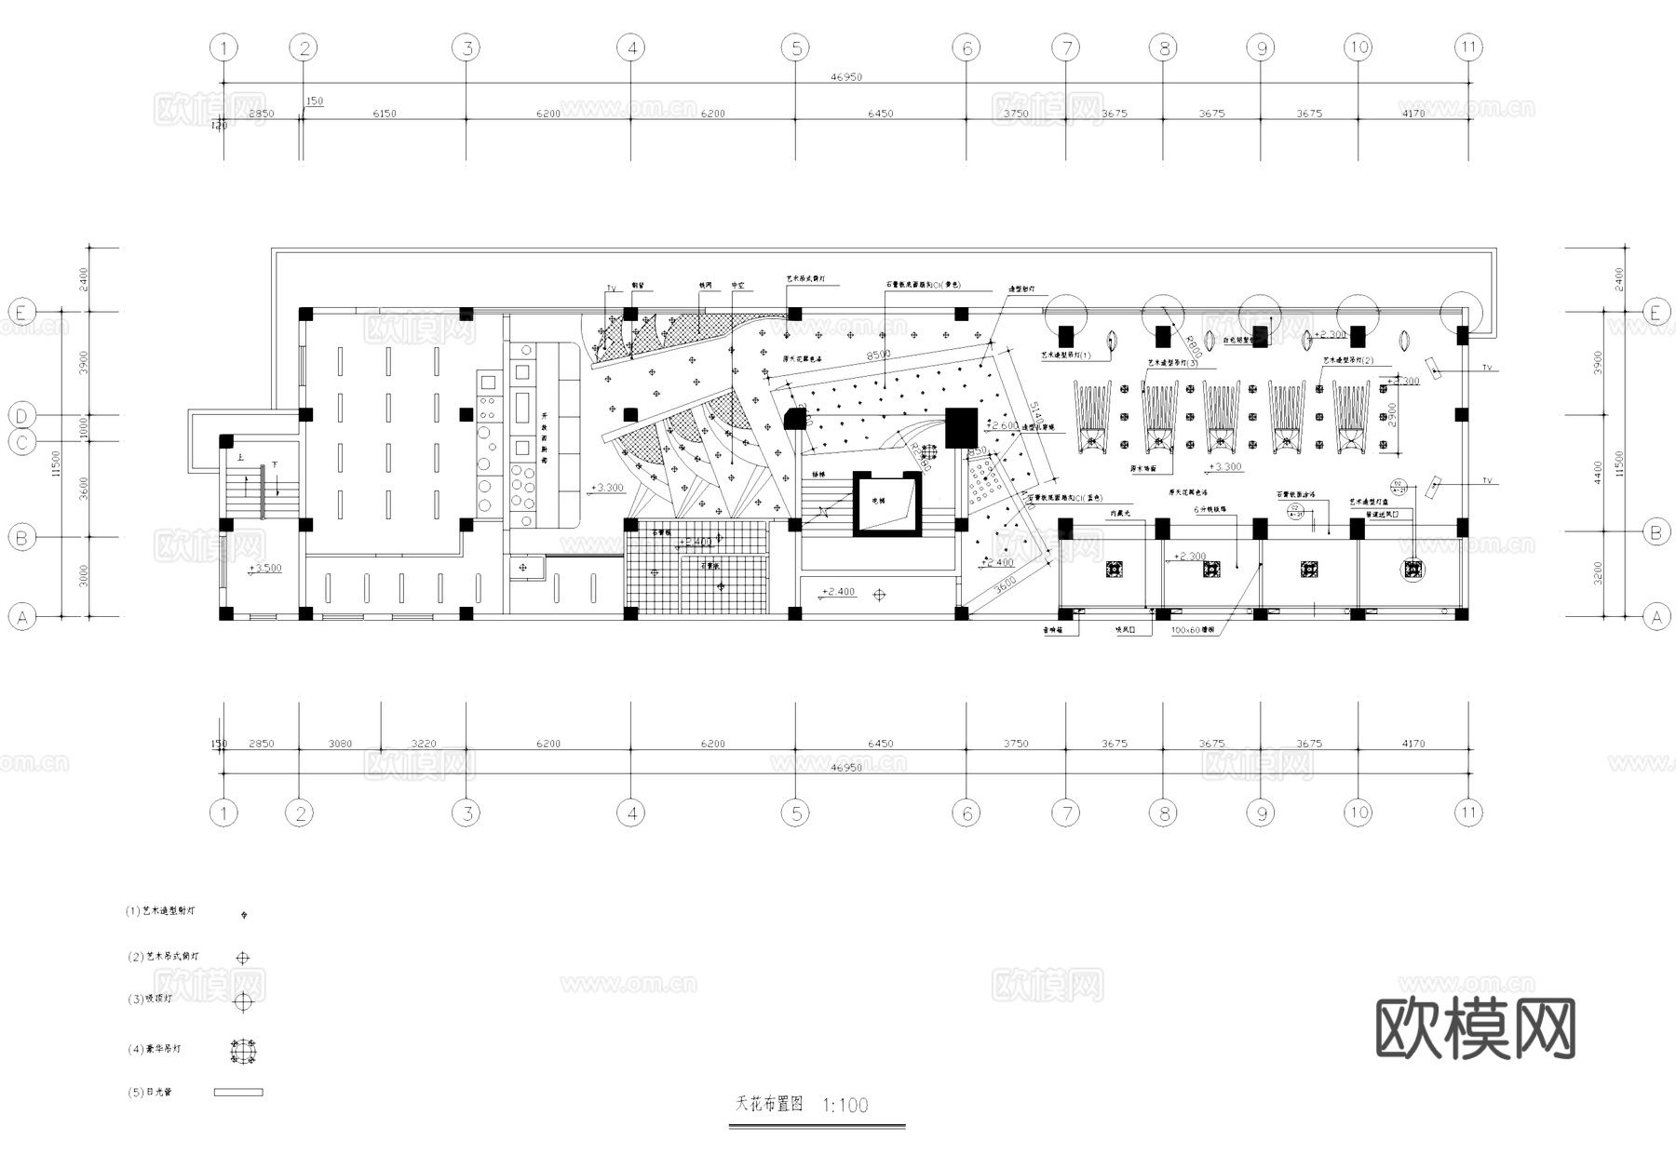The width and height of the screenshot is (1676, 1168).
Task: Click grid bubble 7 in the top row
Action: (x=1066, y=47)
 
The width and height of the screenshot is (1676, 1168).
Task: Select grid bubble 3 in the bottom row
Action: (x=466, y=813)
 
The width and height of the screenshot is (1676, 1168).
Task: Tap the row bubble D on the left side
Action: (x=22, y=415)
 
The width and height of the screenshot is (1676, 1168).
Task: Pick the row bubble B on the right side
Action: (x=1656, y=532)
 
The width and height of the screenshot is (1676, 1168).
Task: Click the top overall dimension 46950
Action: (x=845, y=77)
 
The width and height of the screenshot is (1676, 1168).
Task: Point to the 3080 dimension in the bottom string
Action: (x=340, y=744)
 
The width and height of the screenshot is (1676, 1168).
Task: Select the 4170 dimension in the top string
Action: (x=1412, y=114)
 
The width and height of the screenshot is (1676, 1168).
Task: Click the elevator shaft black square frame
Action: (x=887, y=503)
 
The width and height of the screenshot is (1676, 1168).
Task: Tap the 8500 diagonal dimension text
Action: (x=878, y=355)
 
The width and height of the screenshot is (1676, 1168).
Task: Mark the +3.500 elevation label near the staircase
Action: (x=264, y=568)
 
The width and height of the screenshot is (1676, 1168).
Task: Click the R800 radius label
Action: (x=1194, y=347)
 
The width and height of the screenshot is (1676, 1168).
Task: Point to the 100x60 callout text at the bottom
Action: (x=1192, y=630)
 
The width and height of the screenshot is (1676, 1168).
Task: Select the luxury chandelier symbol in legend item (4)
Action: (x=243, y=1051)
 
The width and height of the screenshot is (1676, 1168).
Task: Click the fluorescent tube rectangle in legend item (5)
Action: (x=238, y=1092)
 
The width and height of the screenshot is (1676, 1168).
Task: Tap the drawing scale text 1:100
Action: (x=845, y=1105)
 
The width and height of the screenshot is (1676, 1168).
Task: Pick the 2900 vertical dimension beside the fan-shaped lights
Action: (x=1392, y=414)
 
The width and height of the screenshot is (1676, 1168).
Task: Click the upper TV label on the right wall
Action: (x=1487, y=369)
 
